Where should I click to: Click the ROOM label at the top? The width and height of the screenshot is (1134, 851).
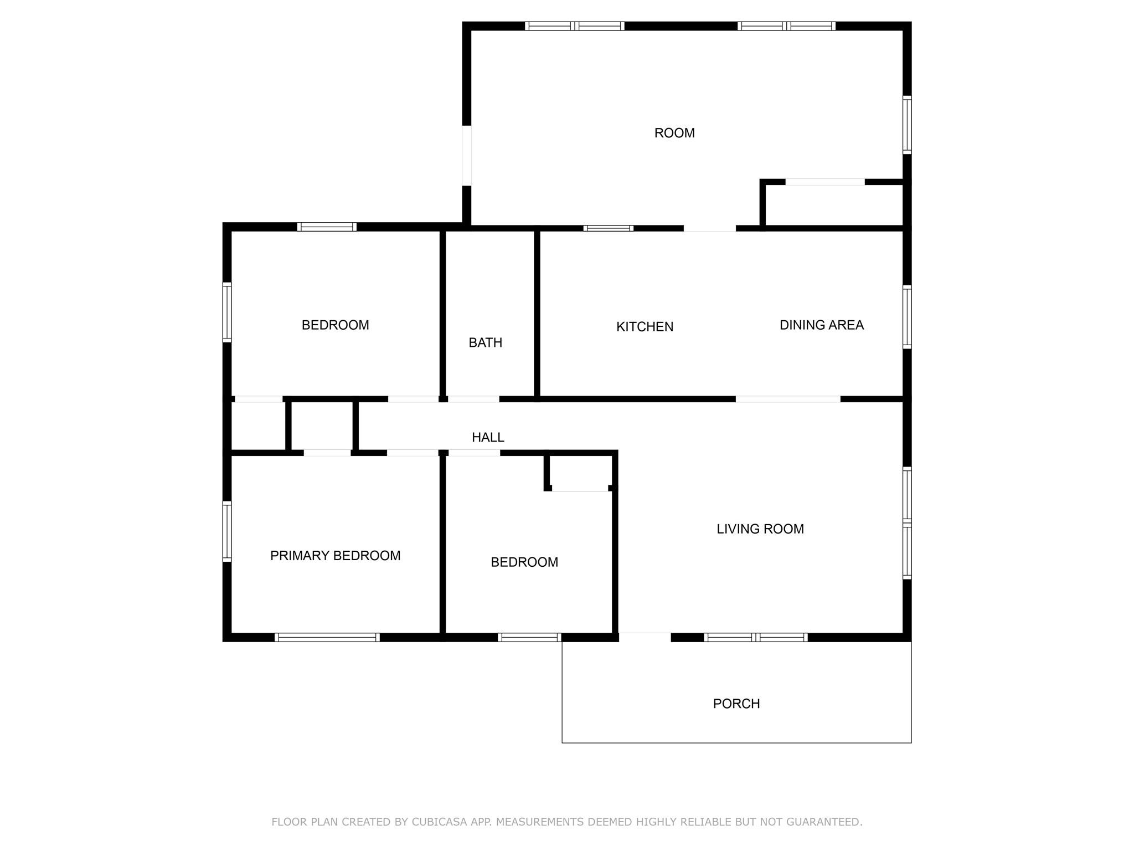(674, 133)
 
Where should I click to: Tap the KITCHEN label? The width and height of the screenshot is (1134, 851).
(645, 327)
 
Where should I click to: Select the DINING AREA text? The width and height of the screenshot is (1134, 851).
(821, 325)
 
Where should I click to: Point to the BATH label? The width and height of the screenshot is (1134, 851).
(485, 343)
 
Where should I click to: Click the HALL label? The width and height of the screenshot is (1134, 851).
(488, 438)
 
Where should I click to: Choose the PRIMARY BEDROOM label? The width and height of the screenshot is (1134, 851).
(335, 556)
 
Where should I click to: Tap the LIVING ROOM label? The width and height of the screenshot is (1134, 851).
(760, 529)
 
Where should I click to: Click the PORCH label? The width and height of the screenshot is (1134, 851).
(736, 704)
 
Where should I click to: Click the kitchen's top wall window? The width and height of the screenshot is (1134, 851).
(608, 228)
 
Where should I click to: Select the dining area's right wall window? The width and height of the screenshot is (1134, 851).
(907, 317)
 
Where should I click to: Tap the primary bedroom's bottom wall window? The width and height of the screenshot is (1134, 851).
(327, 637)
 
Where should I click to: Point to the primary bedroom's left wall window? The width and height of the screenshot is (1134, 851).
(227, 531)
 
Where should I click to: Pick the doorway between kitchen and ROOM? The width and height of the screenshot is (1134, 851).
(709, 228)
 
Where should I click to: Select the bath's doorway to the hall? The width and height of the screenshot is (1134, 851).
(473, 399)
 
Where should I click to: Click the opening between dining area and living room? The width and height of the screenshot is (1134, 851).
(787, 399)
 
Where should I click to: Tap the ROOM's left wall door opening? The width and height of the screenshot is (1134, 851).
(467, 156)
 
